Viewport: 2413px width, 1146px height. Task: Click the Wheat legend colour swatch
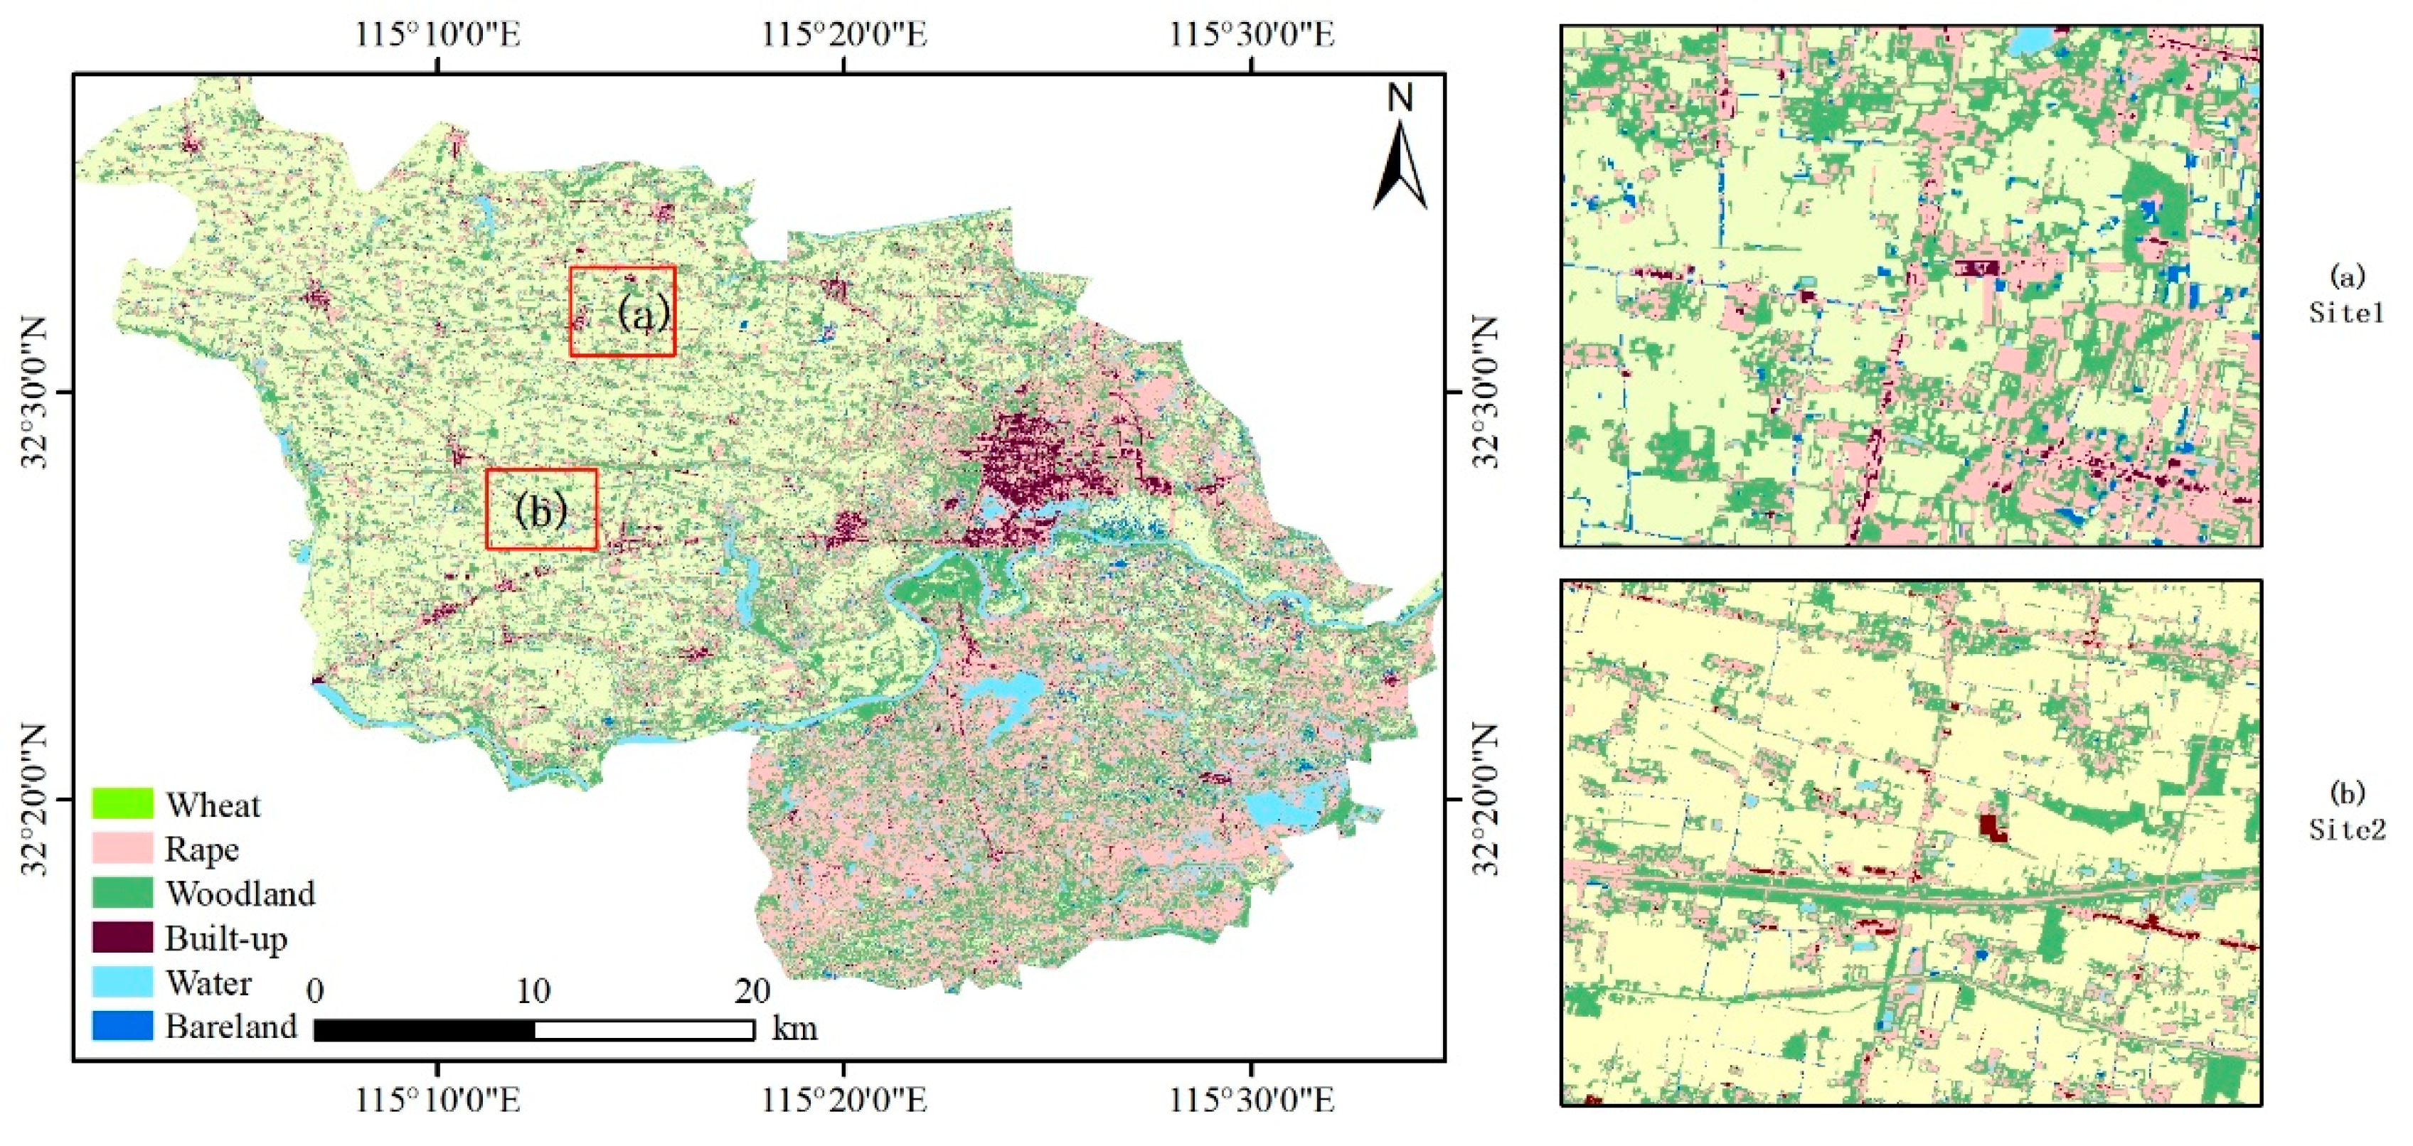tap(122, 803)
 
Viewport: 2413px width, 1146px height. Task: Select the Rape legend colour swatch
tap(122, 847)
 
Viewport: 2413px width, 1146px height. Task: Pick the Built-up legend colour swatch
tap(122, 936)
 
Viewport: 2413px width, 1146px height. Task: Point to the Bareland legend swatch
tap(122, 1025)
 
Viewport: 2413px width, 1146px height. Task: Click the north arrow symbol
tap(1400, 168)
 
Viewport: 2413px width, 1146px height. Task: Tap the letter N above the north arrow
tap(1400, 97)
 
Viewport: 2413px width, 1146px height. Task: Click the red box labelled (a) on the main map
tap(622, 312)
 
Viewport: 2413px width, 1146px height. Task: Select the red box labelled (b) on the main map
tap(540, 508)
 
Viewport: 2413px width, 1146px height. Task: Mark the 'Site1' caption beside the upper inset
tap(2346, 312)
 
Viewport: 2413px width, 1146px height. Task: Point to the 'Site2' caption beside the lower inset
tap(2346, 829)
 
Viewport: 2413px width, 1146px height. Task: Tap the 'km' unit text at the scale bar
tap(794, 1028)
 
